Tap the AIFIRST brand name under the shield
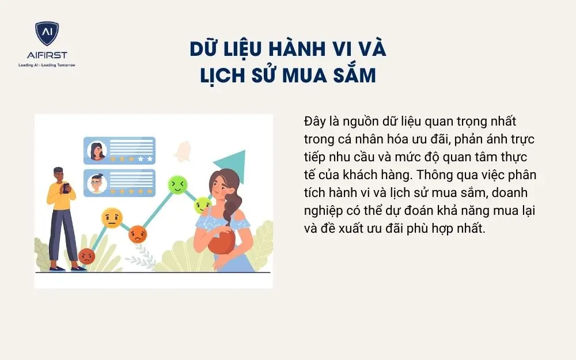46,56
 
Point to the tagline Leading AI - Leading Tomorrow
46,65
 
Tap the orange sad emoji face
138,233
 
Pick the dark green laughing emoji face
177,184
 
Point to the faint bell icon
184,151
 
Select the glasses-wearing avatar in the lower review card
96,183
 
